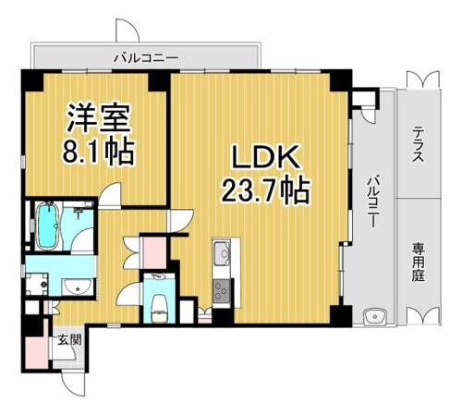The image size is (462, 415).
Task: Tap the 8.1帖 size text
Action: pyautogui.click(x=98, y=152)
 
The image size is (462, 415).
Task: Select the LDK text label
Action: pyautogui.click(x=266, y=157)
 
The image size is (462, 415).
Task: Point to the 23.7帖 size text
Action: pyautogui.click(x=265, y=189)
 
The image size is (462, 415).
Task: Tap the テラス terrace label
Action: pyautogui.click(x=419, y=145)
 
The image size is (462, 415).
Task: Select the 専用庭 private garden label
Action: pyautogui.click(x=419, y=262)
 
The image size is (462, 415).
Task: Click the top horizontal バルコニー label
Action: pyautogui.click(x=146, y=57)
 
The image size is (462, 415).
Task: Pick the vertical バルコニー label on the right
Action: pyautogui.click(x=373, y=201)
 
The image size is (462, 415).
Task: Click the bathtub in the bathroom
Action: pyautogui.click(x=47, y=226)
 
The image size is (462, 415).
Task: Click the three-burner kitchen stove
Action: pyautogui.click(x=221, y=291)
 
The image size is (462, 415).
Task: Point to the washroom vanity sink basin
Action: pyautogui.click(x=77, y=287)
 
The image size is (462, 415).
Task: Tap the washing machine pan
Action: pyautogui.click(x=36, y=284)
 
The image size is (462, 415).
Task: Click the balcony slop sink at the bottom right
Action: pyautogui.click(x=375, y=317)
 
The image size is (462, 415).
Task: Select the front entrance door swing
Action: pyautogui.click(x=73, y=384)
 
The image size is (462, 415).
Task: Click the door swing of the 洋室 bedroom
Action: pyautogui.click(x=111, y=195)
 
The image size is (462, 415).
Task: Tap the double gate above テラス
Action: pyautogui.click(x=423, y=79)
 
